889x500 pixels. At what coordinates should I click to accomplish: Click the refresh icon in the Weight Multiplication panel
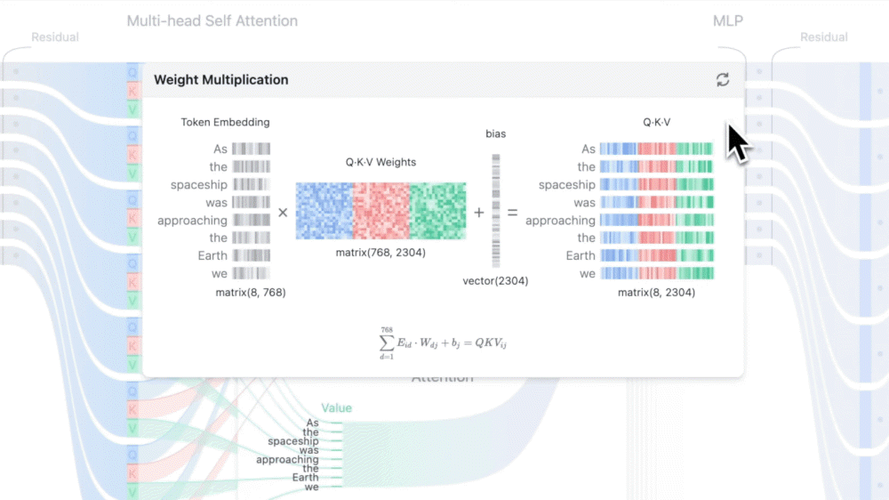click(723, 80)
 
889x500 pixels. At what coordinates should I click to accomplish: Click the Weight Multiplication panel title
click(220, 80)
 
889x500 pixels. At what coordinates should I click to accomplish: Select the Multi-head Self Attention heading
click(212, 20)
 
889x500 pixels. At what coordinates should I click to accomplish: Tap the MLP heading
click(727, 20)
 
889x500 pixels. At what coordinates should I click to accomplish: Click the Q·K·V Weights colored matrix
click(380, 211)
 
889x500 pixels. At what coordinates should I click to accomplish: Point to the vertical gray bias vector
click(496, 211)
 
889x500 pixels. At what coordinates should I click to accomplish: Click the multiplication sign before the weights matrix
click(283, 213)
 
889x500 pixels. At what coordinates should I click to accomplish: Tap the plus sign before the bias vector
click(479, 213)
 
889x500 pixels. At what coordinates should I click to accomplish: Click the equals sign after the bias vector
click(512, 213)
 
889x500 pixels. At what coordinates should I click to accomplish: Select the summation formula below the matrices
click(443, 343)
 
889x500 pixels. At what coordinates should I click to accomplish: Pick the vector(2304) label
click(495, 281)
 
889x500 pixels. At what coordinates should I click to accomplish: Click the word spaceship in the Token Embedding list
click(199, 185)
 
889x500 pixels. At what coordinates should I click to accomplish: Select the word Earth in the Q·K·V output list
click(581, 256)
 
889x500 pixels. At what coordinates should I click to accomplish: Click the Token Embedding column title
click(225, 122)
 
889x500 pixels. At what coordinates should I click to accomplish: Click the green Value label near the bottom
click(336, 408)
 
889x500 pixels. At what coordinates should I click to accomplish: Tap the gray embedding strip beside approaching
click(251, 221)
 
